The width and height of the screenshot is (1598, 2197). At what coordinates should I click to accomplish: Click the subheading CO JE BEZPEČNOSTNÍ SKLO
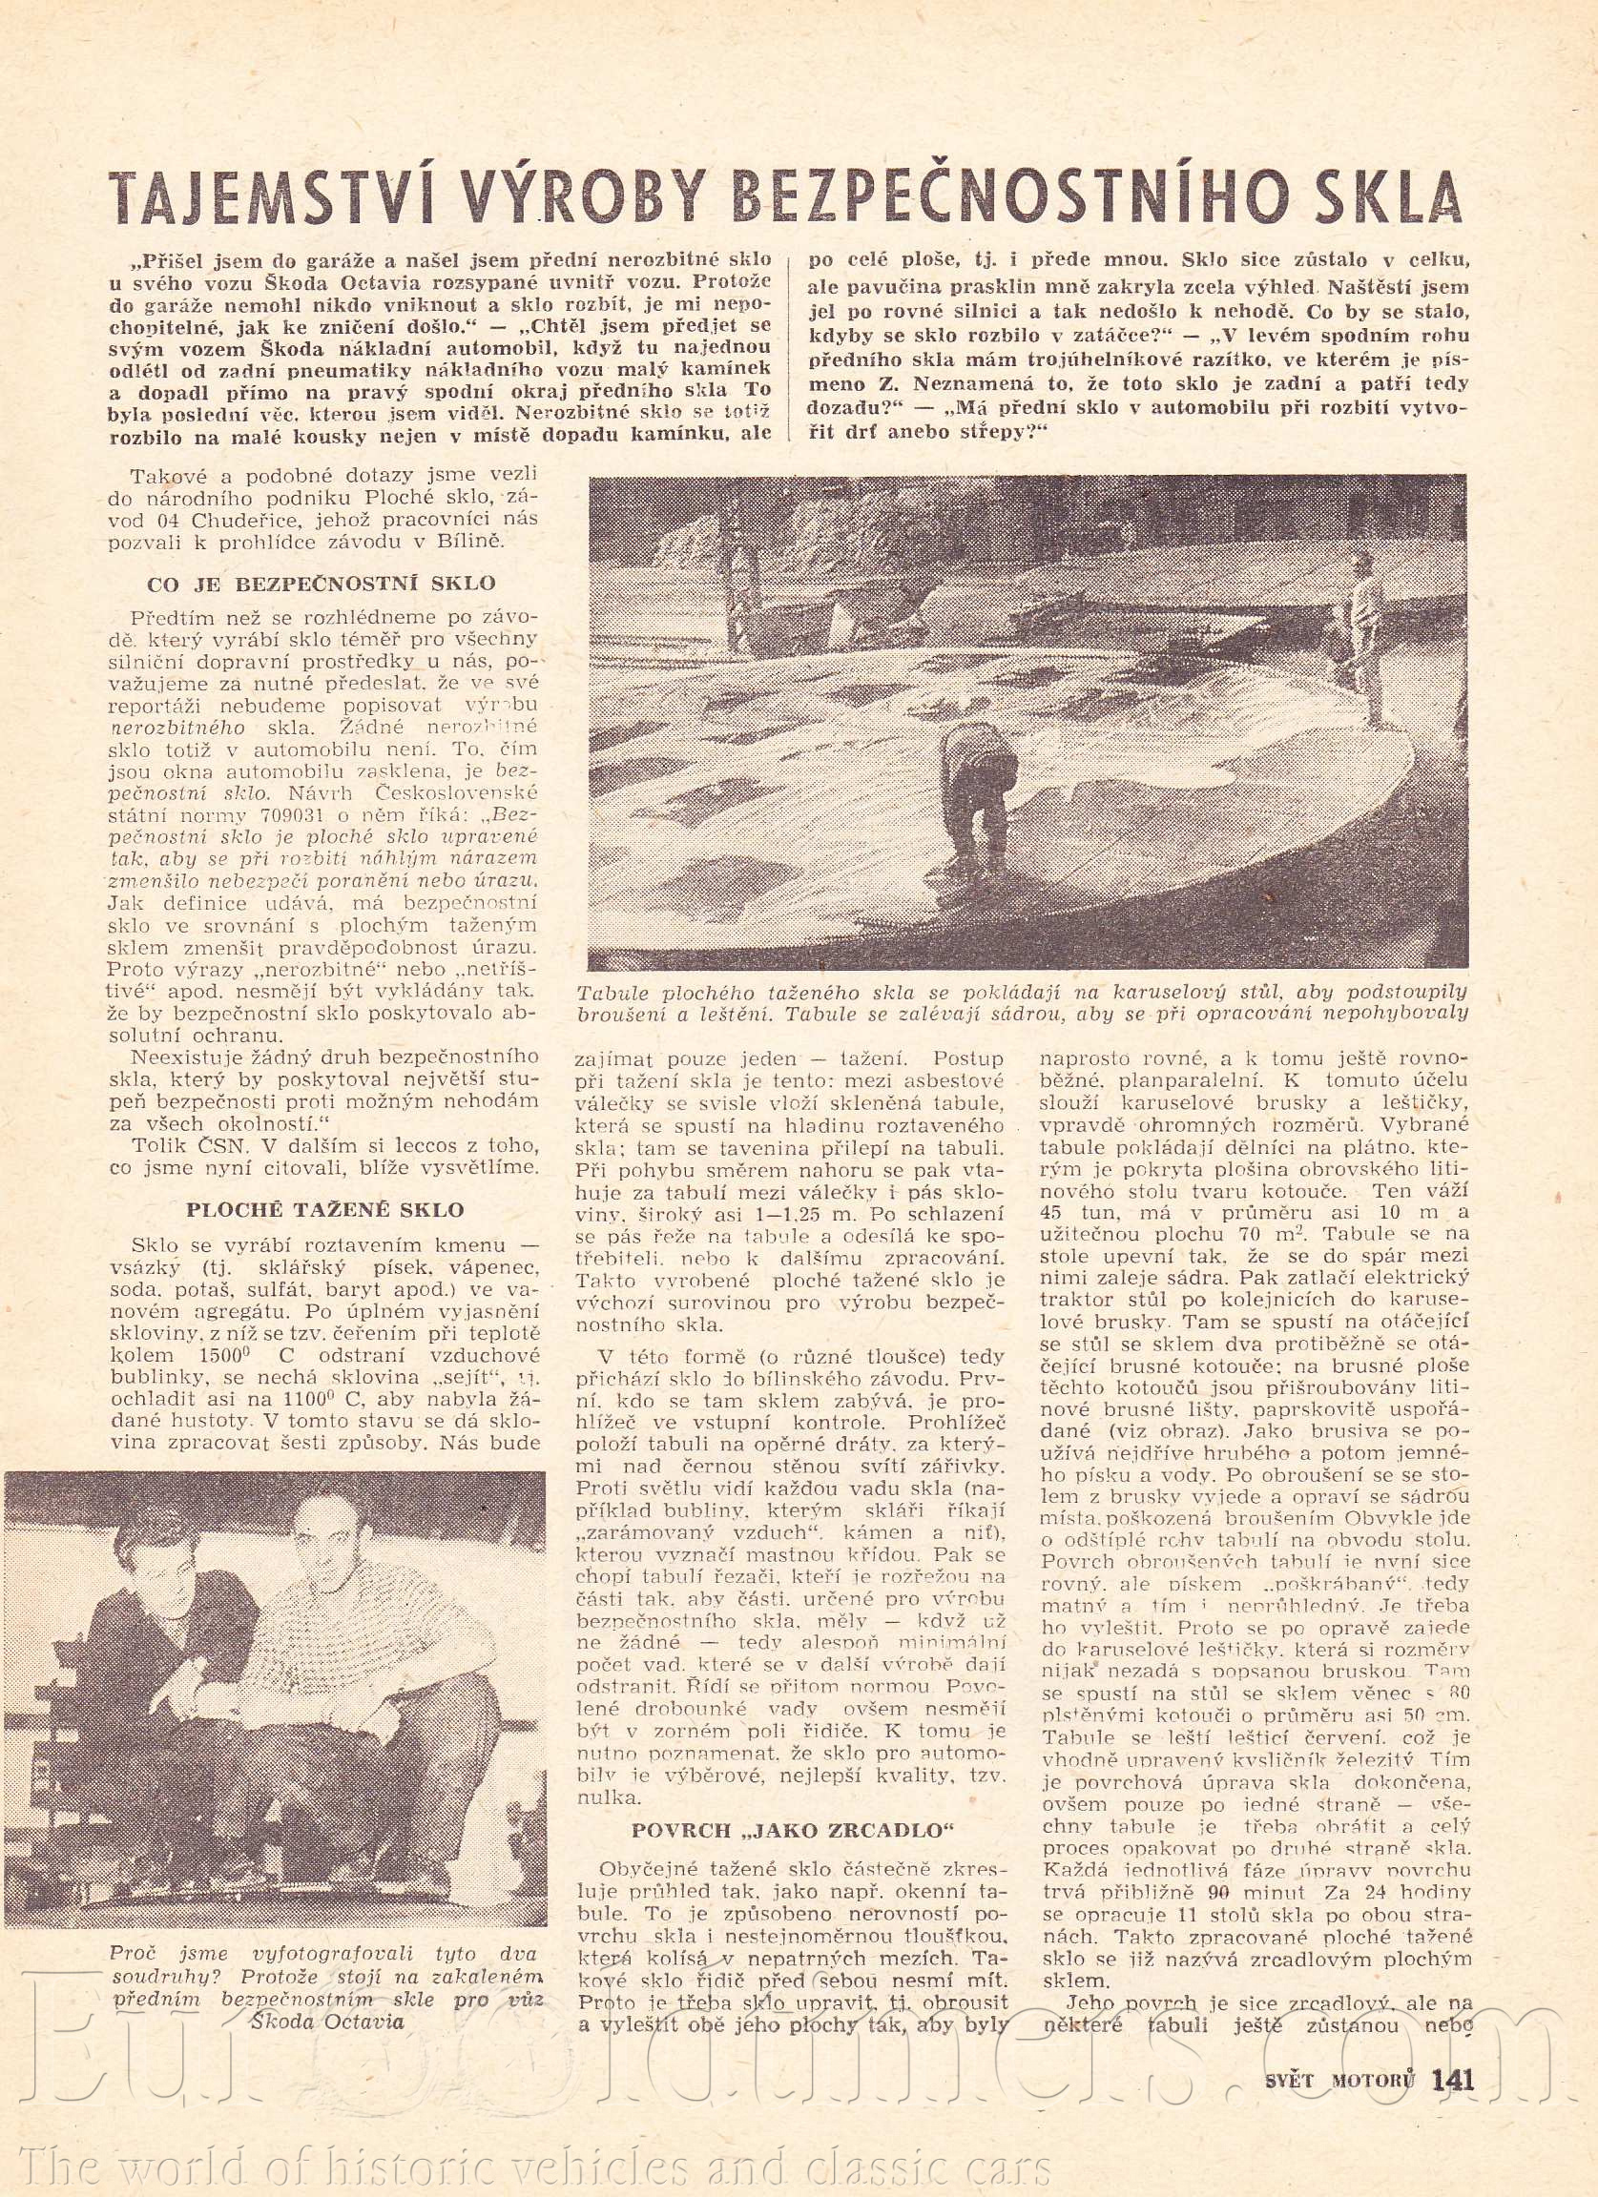pyautogui.click(x=321, y=585)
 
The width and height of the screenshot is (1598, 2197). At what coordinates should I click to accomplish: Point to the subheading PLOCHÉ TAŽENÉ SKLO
pyautogui.click(x=323, y=1210)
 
